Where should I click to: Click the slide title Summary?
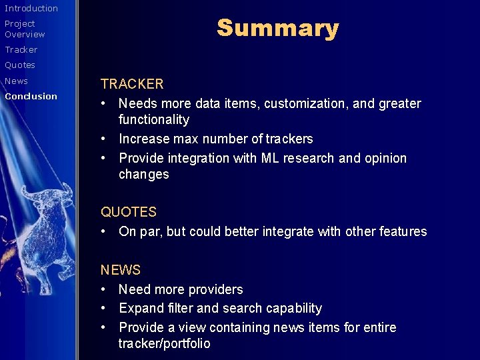(x=277, y=28)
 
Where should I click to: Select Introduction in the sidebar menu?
(x=31, y=8)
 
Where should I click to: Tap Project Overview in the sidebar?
(x=25, y=29)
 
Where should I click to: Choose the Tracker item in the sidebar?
(x=21, y=49)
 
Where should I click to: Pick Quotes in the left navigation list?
(x=20, y=65)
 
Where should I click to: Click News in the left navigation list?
(x=17, y=81)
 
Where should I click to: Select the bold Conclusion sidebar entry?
(x=31, y=96)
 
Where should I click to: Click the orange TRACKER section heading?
(x=132, y=84)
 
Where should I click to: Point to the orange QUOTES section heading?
(x=129, y=212)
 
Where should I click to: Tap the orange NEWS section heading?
(x=121, y=270)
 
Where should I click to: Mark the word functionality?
(x=154, y=120)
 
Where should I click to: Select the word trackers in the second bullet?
(x=289, y=139)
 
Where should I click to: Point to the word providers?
(x=215, y=290)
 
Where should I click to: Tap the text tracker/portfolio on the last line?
(x=165, y=344)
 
